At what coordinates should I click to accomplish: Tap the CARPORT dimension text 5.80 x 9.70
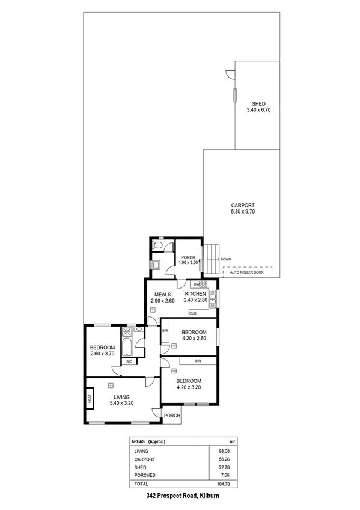243,212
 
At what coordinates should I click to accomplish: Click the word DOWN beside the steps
226,259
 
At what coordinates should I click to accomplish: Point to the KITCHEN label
196,293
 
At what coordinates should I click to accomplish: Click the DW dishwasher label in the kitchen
196,284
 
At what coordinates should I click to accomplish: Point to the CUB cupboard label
193,313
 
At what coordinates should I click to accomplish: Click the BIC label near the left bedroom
129,361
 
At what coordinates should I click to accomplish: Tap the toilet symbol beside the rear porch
157,247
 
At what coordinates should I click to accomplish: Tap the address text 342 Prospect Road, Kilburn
180,496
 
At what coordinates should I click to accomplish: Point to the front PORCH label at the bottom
172,415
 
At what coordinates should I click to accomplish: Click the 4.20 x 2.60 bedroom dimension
194,339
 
